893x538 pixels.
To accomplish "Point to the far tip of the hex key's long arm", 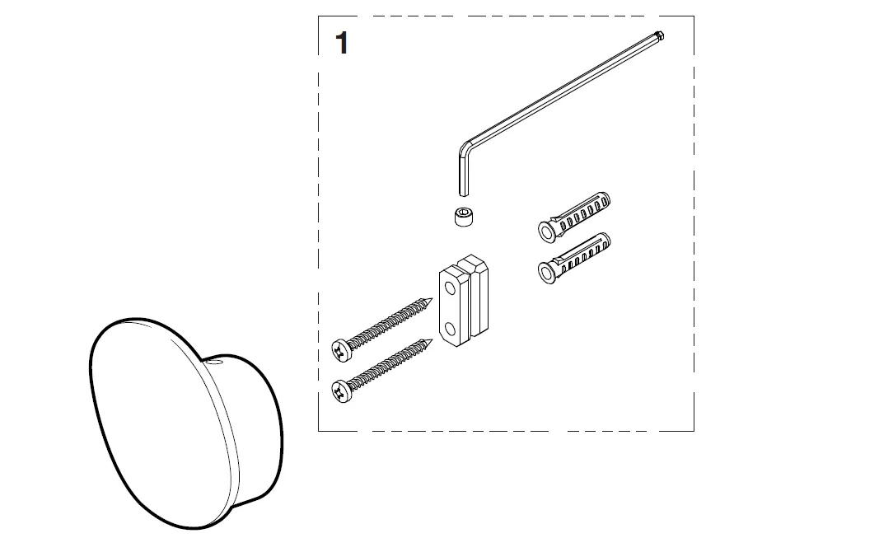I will tap(662, 35).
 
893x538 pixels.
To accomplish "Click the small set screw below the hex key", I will tap(465, 218).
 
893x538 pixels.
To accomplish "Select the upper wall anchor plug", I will tap(576, 213).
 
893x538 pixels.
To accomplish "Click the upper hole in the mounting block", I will tap(450, 289).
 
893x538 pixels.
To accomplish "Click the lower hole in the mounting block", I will tap(450, 331).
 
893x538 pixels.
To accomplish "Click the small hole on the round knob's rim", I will tap(213, 360).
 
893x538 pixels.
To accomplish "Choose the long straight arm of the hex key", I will tap(560, 90).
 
